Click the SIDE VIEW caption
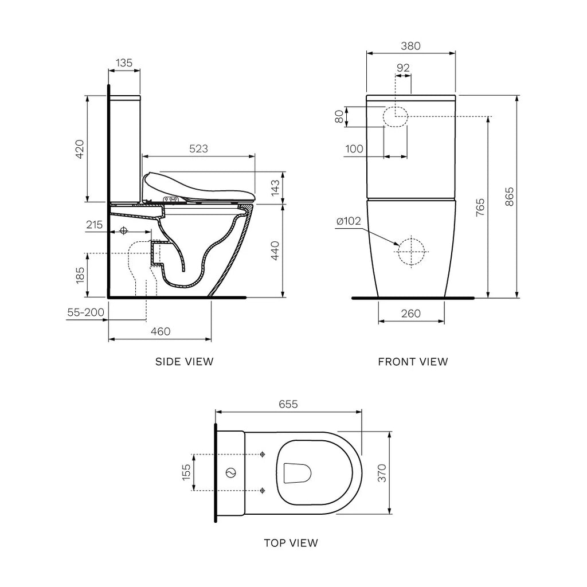pos(184,362)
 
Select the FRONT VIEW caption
pos(413,362)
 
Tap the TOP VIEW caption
pos(291,542)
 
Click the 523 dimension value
pos(198,148)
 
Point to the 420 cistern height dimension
pos(80,149)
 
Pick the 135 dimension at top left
pos(124,62)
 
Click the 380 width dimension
pos(411,46)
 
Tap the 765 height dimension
pos(480,207)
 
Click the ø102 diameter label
pos(349,221)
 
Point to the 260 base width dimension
pos(410,314)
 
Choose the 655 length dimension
pos(288,404)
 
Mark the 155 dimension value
pos(186,472)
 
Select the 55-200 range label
pos(85,313)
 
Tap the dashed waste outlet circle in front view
pos(412,251)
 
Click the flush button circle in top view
pos(231,473)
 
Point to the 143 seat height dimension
pos(275,187)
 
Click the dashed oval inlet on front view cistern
pos(395,116)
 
